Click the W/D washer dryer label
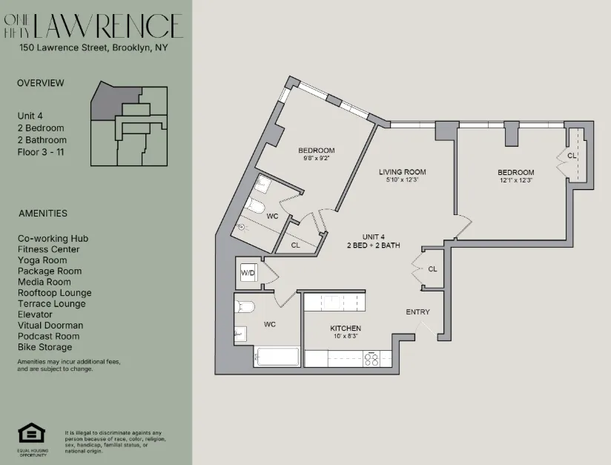[x=247, y=274]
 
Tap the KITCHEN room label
[x=346, y=328]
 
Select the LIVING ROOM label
[x=402, y=172]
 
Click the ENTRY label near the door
[x=417, y=312]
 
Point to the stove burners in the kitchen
[x=372, y=358]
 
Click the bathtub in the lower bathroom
[x=277, y=357]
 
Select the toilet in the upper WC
[x=254, y=205]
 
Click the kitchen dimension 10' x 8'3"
[x=346, y=337]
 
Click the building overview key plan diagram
[x=128, y=125]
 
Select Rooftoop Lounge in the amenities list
[x=55, y=293]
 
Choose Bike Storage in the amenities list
[x=45, y=347]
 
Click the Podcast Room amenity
[x=48, y=336]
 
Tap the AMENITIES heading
[x=43, y=214]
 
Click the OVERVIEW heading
[x=41, y=83]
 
